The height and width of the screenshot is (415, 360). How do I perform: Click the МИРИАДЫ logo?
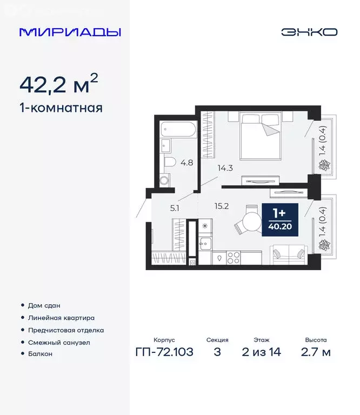70,32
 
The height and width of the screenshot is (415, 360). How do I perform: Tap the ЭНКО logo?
309,32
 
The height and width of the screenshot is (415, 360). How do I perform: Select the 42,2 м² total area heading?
59,84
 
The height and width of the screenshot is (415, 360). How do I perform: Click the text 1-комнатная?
61,108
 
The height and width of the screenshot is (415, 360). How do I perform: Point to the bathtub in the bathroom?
179,130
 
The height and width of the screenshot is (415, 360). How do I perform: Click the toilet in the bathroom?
169,162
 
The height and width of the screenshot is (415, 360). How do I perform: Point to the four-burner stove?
233,257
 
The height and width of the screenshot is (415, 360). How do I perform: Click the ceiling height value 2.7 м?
315,353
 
